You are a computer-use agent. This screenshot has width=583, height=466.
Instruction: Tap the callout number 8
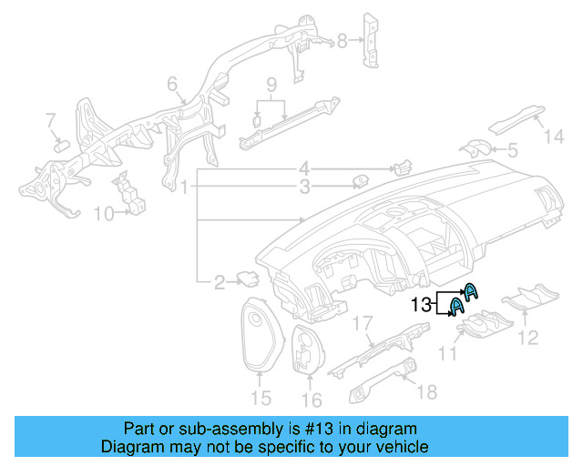pyautogui.click(x=343, y=40)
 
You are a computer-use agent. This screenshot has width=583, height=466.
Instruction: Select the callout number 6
pyautogui.click(x=171, y=86)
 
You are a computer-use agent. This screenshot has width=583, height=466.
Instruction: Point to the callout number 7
pyautogui.click(x=51, y=119)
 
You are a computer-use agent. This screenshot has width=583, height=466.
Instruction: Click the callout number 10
pyautogui.click(x=103, y=214)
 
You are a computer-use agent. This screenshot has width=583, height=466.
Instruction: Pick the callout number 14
pyautogui.click(x=555, y=137)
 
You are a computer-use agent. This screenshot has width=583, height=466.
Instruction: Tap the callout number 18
pyautogui.click(x=426, y=391)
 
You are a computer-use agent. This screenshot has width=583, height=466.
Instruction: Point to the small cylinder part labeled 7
pyautogui.click(x=63, y=143)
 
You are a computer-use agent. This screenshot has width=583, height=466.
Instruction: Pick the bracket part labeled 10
pyautogui.click(x=128, y=194)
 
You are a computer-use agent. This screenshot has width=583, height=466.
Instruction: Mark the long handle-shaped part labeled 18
pyautogui.click(x=383, y=379)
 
